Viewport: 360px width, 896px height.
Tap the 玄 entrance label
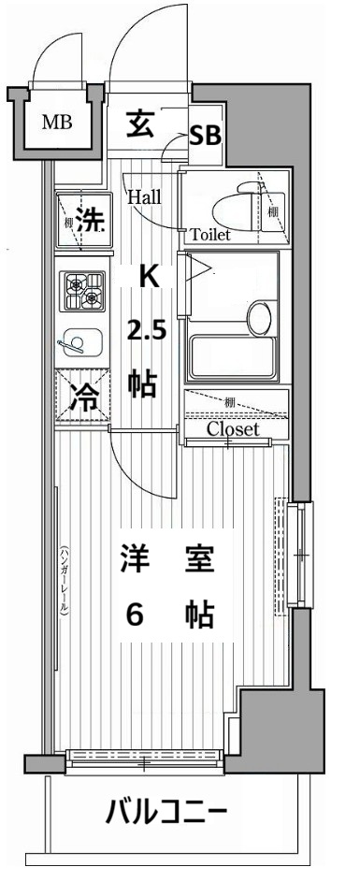tap(142, 124)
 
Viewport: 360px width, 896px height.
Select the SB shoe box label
tap(205, 136)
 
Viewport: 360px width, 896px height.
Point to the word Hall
tap(145, 197)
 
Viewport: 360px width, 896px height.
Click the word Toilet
tap(210, 235)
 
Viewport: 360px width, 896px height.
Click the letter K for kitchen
tap(148, 277)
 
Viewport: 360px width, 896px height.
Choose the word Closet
tap(233, 430)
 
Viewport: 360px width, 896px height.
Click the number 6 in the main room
tap(136, 614)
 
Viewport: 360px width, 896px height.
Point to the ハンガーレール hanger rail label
tap(64, 580)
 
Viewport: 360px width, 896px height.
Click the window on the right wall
tap(300, 556)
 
